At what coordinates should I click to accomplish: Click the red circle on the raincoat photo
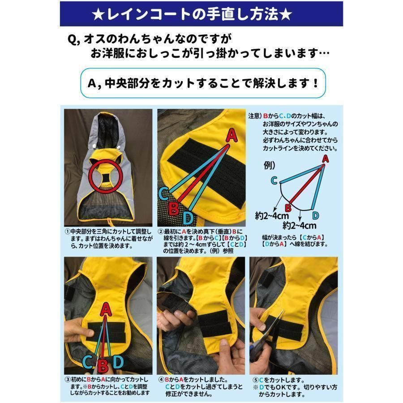(x=89, y=176)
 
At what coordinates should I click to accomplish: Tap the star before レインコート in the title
(x=98, y=15)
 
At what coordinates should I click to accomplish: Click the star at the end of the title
(x=286, y=15)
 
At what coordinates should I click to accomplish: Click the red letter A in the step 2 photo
(x=232, y=135)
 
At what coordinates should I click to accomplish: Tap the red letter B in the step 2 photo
(x=174, y=209)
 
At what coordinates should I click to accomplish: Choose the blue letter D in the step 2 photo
(x=188, y=218)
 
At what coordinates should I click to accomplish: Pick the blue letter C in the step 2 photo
(x=163, y=193)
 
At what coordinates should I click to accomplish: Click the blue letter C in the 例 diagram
(x=274, y=180)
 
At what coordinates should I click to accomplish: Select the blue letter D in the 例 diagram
(x=315, y=215)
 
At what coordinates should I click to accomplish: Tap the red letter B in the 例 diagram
(x=288, y=207)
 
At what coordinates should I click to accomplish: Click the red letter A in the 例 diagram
(x=326, y=159)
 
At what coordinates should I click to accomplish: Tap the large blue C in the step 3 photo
(x=88, y=362)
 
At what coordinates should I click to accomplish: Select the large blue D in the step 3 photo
(x=118, y=362)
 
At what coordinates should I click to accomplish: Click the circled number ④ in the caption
(x=161, y=380)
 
